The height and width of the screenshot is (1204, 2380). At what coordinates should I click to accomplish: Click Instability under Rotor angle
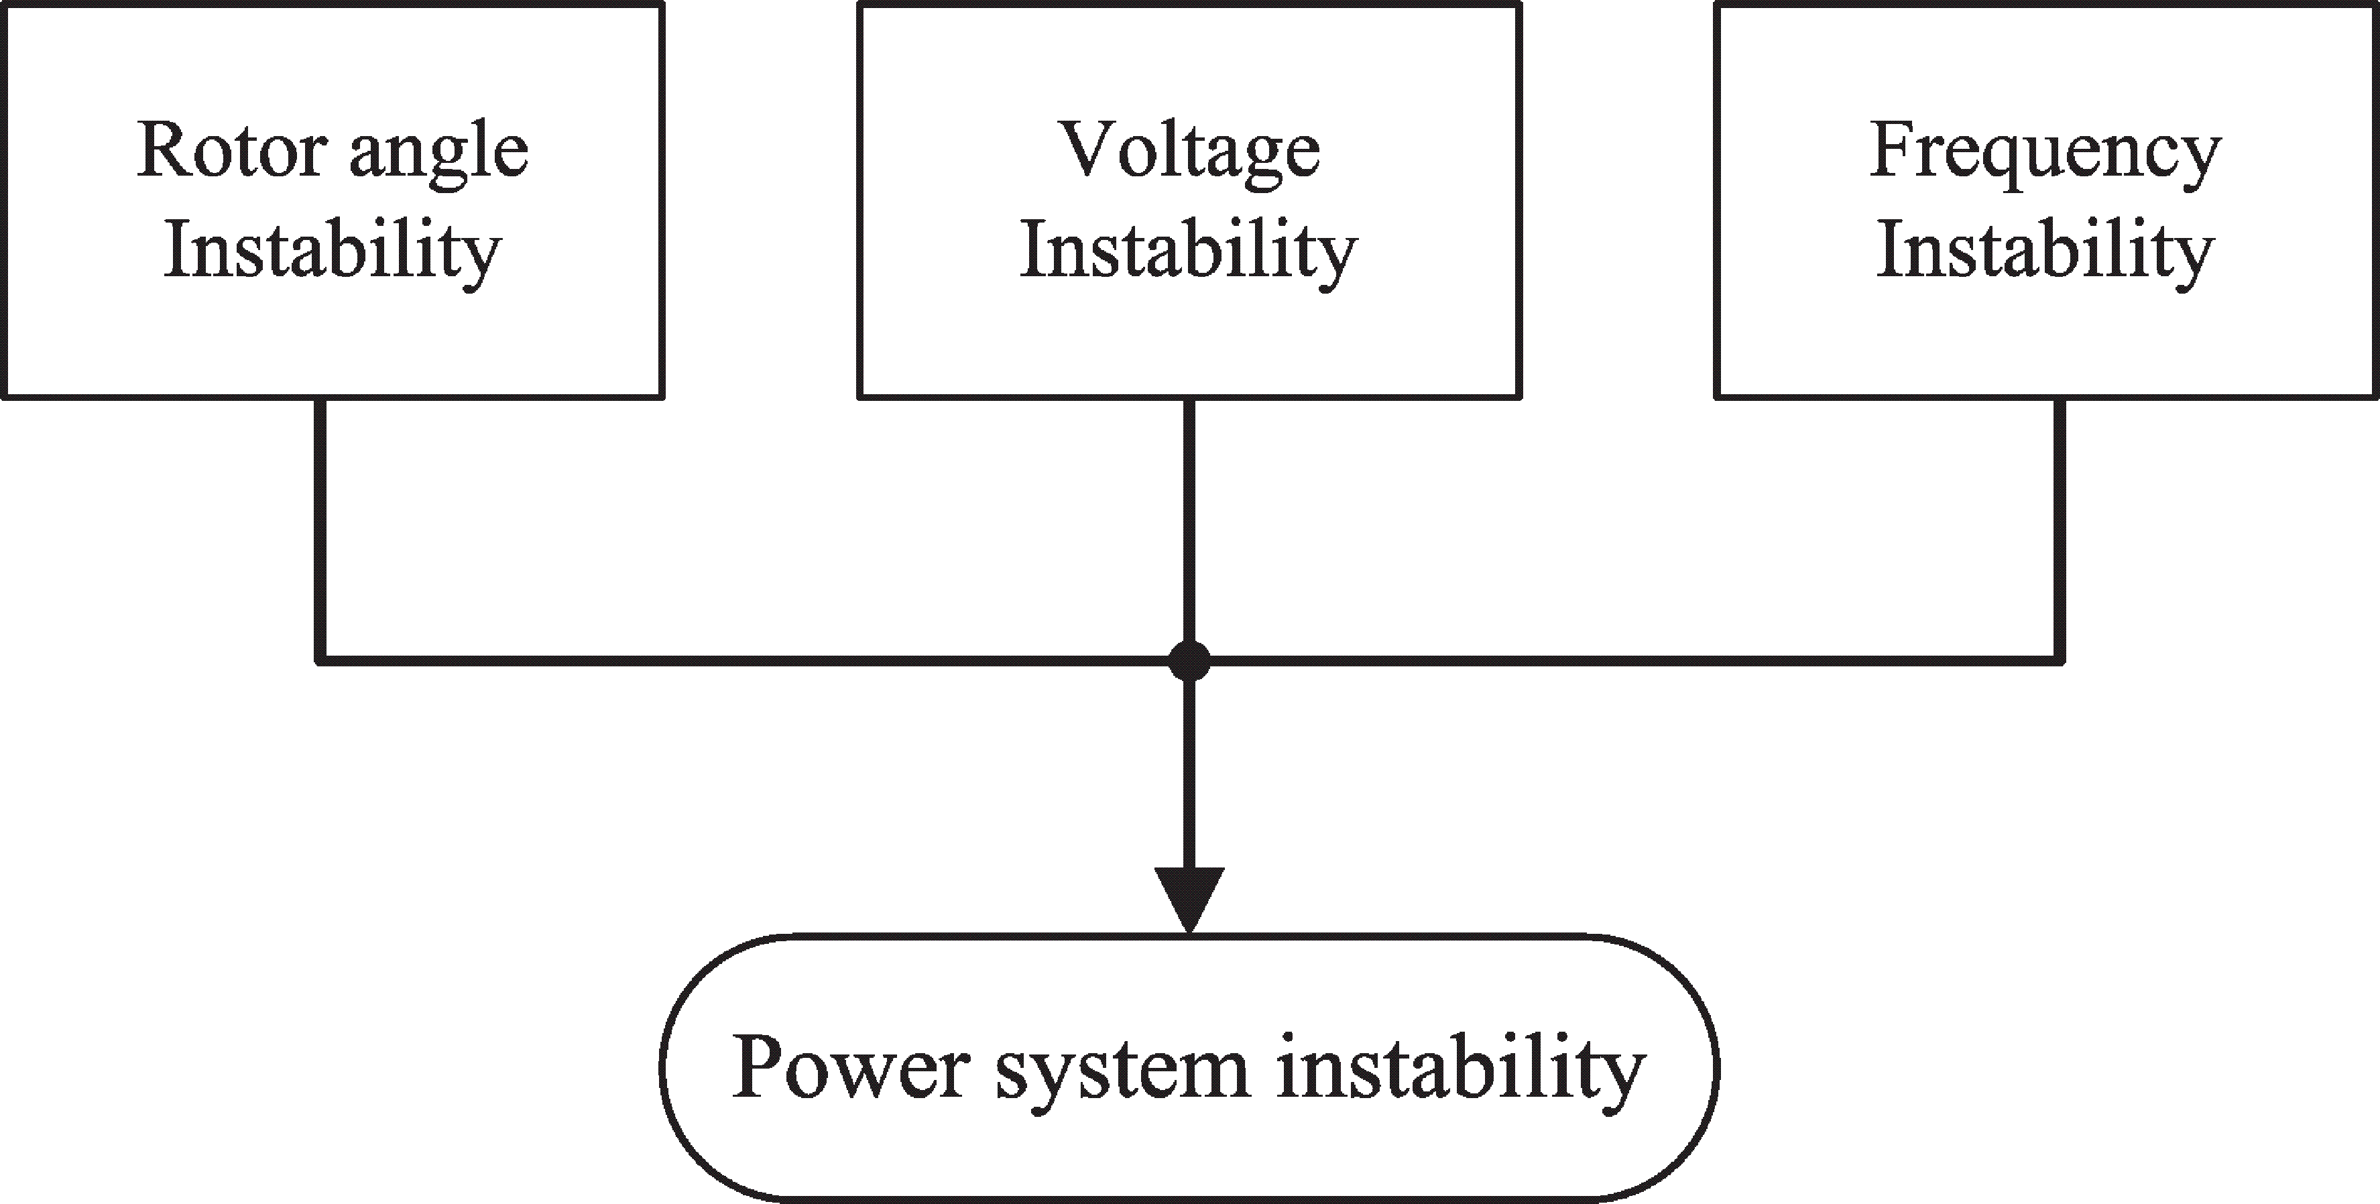(x=333, y=251)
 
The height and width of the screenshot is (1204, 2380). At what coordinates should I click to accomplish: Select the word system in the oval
(x=1122, y=1072)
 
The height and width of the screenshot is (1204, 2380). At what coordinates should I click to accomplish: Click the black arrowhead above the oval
(x=1189, y=896)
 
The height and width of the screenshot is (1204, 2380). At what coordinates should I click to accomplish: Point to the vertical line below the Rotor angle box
(x=320, y=527)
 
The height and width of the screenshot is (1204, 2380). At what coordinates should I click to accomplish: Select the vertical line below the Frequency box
(x=2060, y=527)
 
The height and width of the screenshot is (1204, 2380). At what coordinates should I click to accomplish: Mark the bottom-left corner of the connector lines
(x=320, y=660)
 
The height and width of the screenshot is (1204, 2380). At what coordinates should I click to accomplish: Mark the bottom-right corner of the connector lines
(x=2060, y=660)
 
